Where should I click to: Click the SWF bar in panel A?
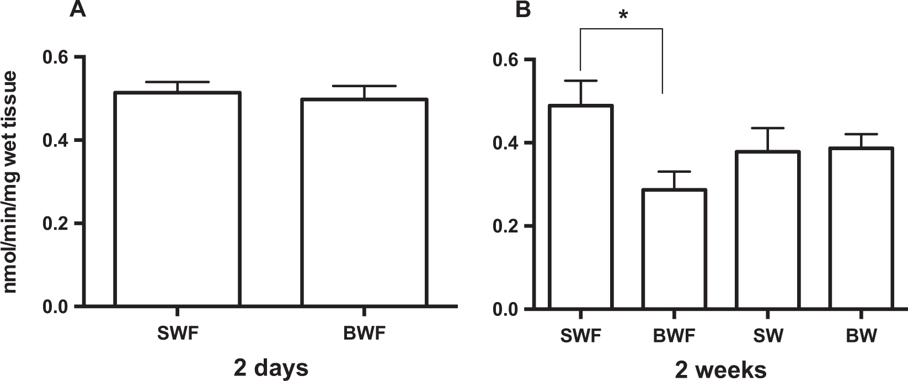[177, 199]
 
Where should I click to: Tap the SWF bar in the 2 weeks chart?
[580, 207]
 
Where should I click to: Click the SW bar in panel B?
[768, 230]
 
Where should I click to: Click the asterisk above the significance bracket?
[623, 15]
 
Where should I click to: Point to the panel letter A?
[77, 9]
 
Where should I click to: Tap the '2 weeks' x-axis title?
[719, 369]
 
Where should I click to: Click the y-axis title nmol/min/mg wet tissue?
[15, 182]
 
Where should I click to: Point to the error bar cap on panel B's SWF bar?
[580, 81]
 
